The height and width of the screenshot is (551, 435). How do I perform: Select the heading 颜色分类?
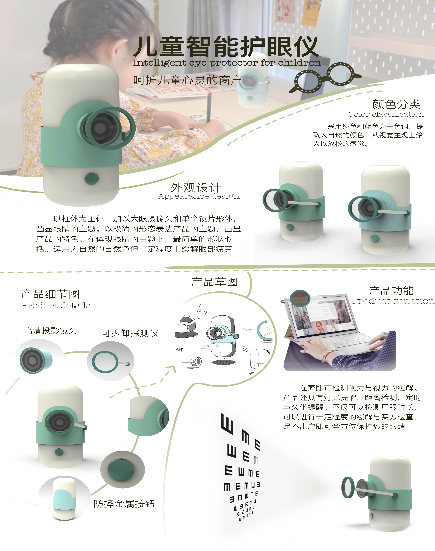(396, 104)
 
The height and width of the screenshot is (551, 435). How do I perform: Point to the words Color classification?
(386, 114)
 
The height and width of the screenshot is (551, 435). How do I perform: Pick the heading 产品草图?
(214, 282)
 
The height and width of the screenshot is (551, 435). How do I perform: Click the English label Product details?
(56, 305)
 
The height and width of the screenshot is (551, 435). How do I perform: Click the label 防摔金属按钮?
(124, 504)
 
